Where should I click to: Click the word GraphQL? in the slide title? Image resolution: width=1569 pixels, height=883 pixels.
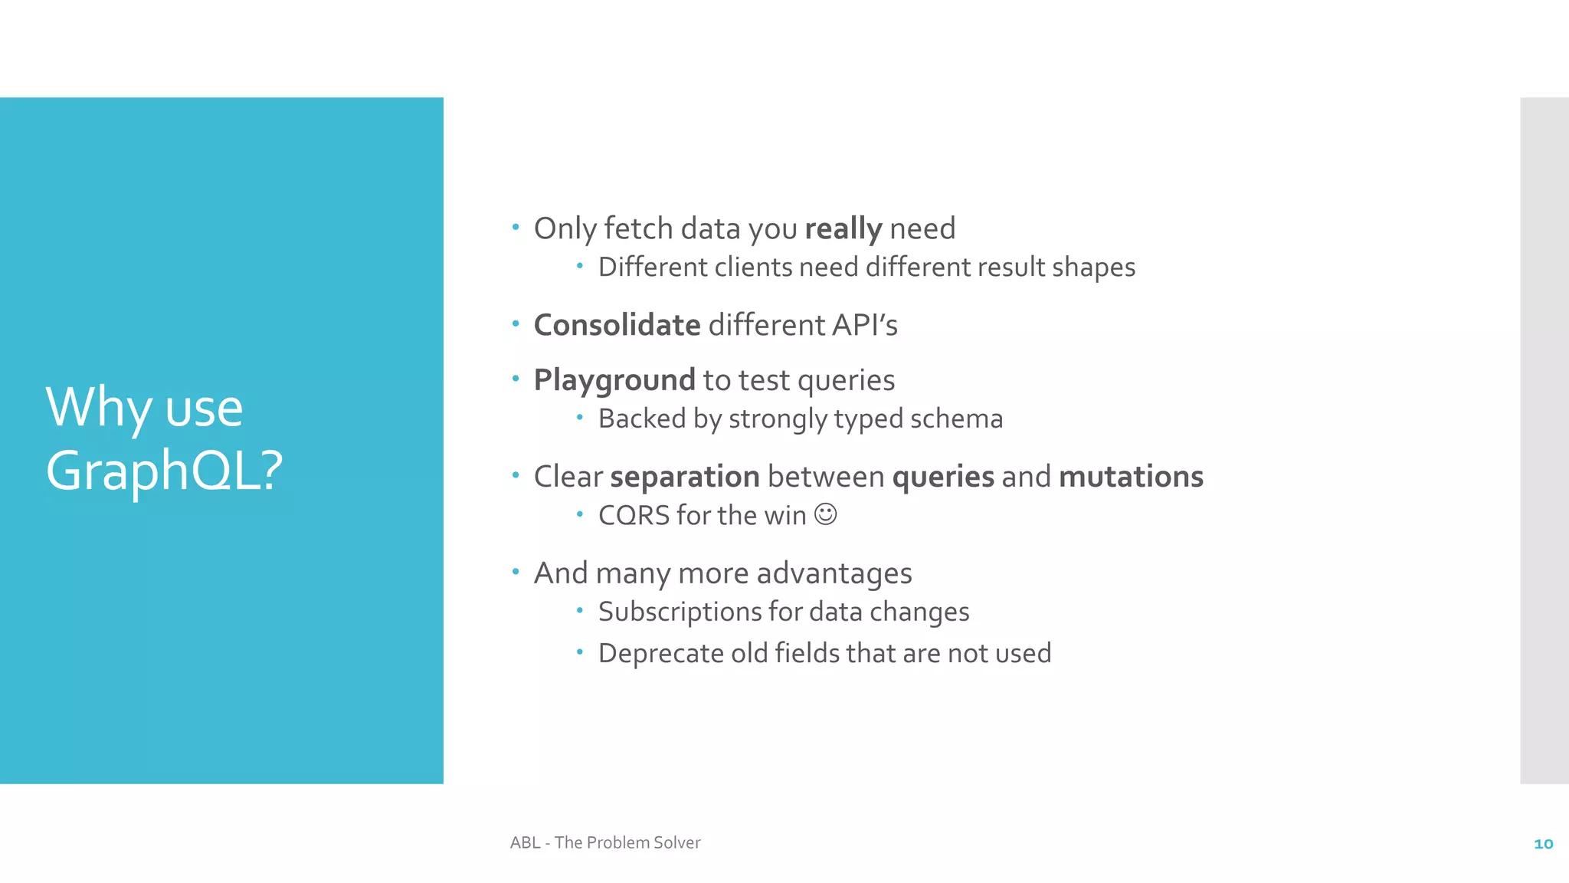164,471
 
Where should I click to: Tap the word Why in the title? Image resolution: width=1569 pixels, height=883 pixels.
98,408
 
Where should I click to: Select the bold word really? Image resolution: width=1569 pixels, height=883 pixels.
843,229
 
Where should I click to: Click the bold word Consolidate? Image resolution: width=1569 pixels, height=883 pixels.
617,325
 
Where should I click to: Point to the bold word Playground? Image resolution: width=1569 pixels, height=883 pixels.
614,381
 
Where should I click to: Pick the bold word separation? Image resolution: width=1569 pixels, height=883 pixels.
684,477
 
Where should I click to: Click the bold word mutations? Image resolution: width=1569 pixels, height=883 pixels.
1131,477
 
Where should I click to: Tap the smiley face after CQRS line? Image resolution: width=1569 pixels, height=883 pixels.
825,514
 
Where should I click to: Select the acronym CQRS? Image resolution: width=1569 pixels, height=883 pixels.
634,516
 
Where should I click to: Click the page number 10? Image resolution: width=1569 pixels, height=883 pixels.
1543,844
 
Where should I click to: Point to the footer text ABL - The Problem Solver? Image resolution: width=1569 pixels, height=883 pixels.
605,842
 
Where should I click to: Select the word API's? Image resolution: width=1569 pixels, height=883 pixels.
864,325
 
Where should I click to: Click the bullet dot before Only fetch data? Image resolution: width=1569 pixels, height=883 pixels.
516,227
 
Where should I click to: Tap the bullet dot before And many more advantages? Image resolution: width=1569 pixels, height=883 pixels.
516,571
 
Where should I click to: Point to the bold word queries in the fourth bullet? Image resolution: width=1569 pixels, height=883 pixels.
943,477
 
